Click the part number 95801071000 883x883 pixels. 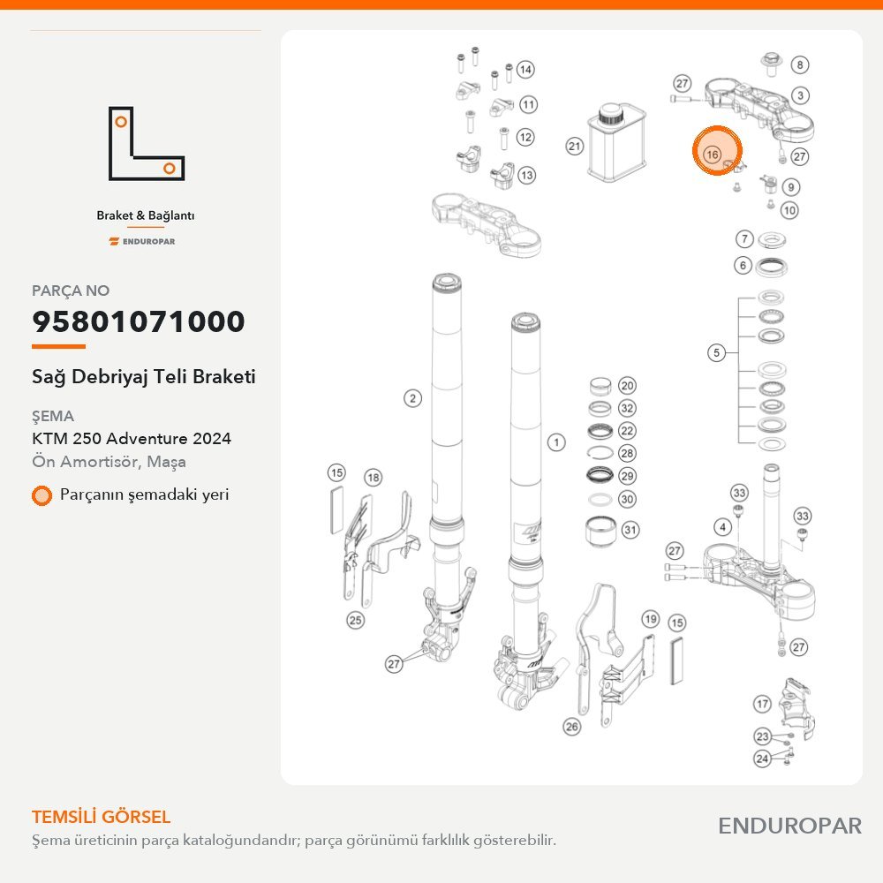pyautogui.click(x=139, y=321)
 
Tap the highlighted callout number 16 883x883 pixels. pyautogui.click(x=713, y=155)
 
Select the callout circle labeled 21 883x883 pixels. pyautogui.click(x=574, y=147)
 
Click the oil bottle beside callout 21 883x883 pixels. pyautogui.click(x=615, y=143)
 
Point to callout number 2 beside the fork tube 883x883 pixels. pyautogui.click(x=412, y=398)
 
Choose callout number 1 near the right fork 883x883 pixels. pyautogui.click(x=556, y=442)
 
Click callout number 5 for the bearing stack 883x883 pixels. pyautogui.click(x=716, y=352)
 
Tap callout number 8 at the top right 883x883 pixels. pyautogui.click(x=800, y=64)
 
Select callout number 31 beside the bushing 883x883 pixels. pyautogui.click(x=630, y=529)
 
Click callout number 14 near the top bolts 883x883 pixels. pyautogui.click(x=525, y=69)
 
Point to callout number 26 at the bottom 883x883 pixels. pyautogui.click(x=571, y=727)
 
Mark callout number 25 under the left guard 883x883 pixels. pyautogui.click(x=355, y=620)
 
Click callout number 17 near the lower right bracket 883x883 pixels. pyautogui.click(x=763, y=704)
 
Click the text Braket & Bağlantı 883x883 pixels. pyautogui.click(x=146, y=215)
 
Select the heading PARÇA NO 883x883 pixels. pyautogui.click(x=71, y=291)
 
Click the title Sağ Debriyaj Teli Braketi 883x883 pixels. pyautogui.click(x=144, y=377)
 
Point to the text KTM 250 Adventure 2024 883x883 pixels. pyautogui.click(x=132, y=438)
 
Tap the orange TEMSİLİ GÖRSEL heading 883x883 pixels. pyautogui.click(x=102, y=817)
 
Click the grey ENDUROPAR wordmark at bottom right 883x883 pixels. pyautogui.click(x=789, y=826)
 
